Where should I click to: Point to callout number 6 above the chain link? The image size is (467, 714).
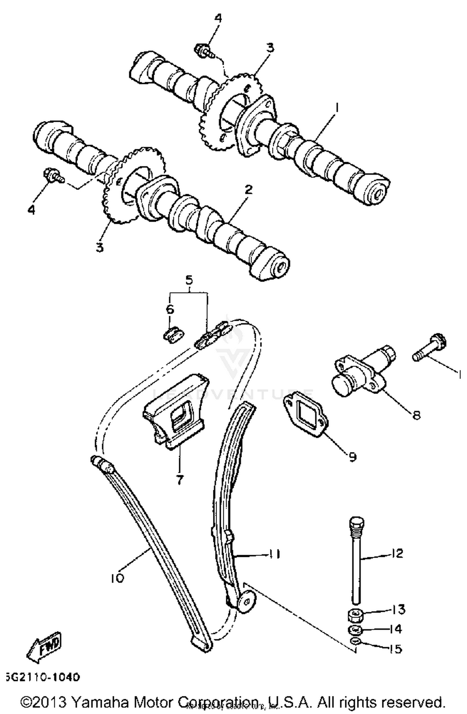pos(170,309)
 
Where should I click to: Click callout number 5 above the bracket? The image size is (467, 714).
pos(189,281)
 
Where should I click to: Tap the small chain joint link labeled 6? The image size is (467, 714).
pos(174,335)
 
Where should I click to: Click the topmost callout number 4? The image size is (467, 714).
pos(218,18)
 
